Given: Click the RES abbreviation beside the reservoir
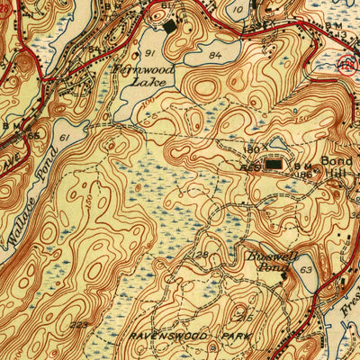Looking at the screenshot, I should pos(251,166).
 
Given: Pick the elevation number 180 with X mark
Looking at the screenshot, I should pos(255,148).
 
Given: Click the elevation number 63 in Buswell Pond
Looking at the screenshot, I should pos(306,268).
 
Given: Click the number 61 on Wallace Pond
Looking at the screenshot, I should pos(64,137).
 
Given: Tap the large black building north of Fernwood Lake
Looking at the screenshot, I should pos(171,26).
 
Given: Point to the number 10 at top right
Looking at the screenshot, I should pos(238,9).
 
